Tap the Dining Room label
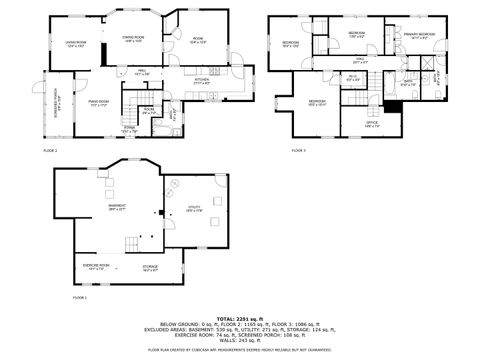(x=133, y=39)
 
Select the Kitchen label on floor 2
(x=201, y=82)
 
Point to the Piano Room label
(x=98, y=103)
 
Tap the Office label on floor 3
(x=371, y=125)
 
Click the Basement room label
(x=116, y=208)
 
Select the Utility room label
(x=194, y=209)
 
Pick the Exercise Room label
(x=97, y=266)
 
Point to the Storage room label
(x=150, y=268)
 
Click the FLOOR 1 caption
(x=79, y=298)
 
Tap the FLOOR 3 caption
(x=299, y=150)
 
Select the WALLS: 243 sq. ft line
(x=239, y=341)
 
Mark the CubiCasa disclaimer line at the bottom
(x=239, y=350)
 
